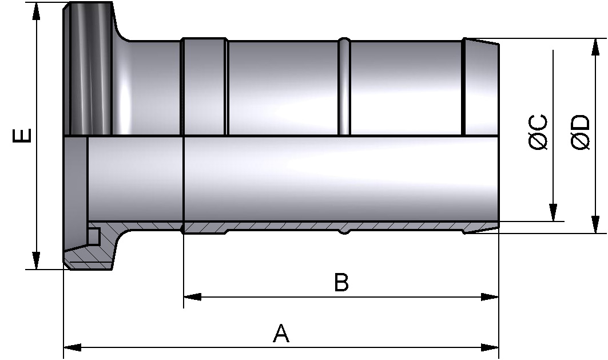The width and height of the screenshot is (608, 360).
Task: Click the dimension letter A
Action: click(281, 334)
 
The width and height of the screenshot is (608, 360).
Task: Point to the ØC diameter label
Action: click(538, 132)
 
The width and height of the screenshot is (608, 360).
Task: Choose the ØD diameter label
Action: click(581, 132)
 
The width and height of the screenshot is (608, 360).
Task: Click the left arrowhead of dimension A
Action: click(73, 347)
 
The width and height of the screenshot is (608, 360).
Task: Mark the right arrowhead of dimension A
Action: click(490, 347)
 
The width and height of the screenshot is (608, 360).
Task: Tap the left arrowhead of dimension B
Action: click(192, 297)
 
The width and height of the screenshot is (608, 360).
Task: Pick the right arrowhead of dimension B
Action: click(490, 297)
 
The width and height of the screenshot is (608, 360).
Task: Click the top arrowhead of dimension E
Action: click(36, 11)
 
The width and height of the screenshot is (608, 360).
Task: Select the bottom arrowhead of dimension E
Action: click(36, 260)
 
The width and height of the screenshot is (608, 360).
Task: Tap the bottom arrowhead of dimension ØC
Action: click(553, 212)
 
